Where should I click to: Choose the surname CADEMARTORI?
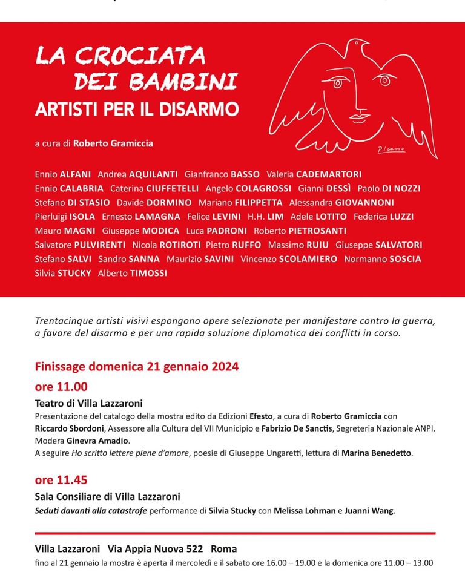click(329, 174)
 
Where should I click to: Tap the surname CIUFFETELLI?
click(172, 188)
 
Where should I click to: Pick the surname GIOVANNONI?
click(364, 202)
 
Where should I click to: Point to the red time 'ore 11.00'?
click(61, 387)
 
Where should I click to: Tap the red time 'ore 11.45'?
click(61, 480)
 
